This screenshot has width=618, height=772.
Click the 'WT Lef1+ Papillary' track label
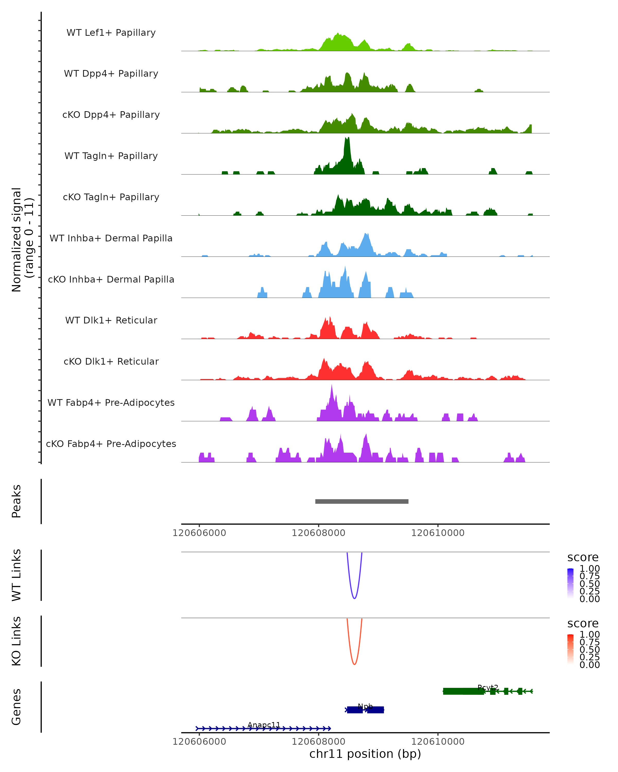[x=111, y=33]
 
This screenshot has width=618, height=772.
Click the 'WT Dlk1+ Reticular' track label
[x=111, y=320]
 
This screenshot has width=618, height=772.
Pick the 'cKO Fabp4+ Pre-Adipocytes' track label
[x=111, y=444]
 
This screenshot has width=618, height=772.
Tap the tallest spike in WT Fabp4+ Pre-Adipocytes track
[x=332, y=386]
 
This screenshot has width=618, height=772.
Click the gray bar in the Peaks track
[x=362, y=501]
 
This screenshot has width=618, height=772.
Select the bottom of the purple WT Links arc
[x=354, y=598]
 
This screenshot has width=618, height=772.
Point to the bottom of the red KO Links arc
[x=354, y=664]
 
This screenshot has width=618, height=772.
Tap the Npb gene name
[x=365, y=706]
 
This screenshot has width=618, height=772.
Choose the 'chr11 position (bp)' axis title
[x=365, y=754]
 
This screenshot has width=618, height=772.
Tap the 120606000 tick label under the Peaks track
[x=199, y=533]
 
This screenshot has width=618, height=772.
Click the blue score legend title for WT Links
[x=583, y=557]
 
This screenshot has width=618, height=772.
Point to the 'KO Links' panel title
[x=16, y=641]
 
